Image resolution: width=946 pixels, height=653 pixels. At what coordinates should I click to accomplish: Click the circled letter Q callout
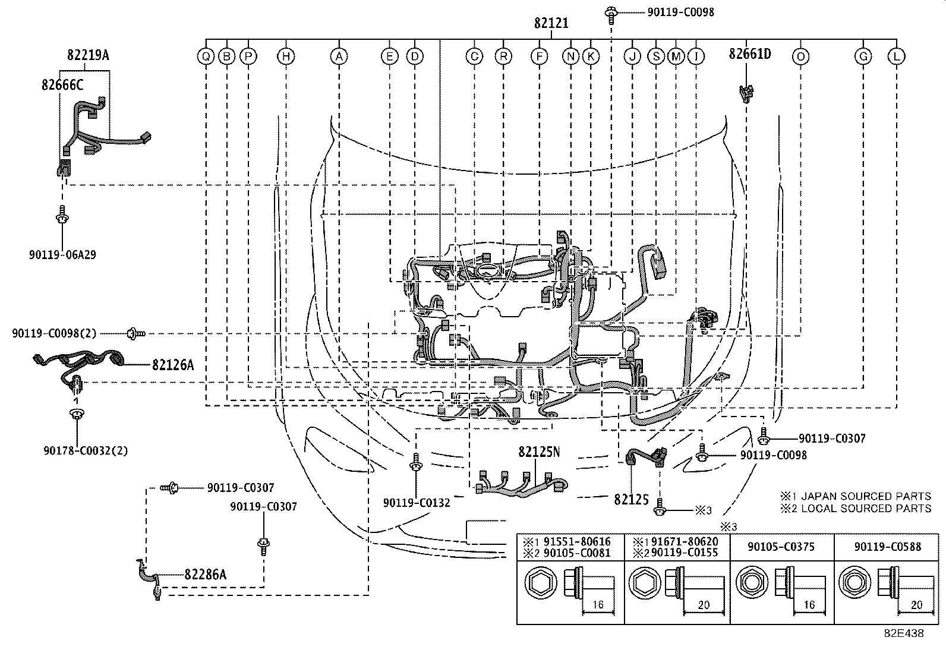pos(206,56)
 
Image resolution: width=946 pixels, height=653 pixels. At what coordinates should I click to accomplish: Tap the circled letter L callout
pos(897,56)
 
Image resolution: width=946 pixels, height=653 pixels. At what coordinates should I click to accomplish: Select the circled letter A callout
pos(339,56)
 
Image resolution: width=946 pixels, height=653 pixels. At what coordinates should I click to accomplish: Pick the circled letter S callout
pos(656,56)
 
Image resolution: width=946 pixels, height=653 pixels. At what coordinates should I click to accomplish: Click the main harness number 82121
pos(551,23)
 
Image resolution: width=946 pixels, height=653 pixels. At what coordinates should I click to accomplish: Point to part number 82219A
pos(88,55)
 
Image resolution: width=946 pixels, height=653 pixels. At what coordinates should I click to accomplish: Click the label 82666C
pos(62,85)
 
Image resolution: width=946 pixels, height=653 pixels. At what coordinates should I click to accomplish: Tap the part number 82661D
pos(750,53)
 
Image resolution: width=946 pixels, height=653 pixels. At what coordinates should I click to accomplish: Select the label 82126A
pos(173,365)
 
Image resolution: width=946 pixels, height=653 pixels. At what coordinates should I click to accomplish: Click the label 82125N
pos(540,452)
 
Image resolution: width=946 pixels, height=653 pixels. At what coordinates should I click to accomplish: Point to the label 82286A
pos(205,575)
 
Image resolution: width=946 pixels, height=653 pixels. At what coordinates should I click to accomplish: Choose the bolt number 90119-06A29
pos(62,255)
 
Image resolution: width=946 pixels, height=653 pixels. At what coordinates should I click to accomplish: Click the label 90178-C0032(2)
pos(86,450)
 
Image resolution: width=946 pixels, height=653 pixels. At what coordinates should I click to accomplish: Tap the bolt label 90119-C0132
pos(417,503)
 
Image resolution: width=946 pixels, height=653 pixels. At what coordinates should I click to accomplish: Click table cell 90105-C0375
pos(781,547)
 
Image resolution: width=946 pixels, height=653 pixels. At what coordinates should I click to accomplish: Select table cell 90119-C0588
pos(888,547)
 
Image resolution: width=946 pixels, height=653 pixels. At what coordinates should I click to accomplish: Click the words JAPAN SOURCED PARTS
pos(866,496)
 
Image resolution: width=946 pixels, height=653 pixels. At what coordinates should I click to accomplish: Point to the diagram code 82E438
pos(904,633)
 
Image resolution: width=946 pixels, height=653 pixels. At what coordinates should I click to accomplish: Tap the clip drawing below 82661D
pos(746,93)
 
